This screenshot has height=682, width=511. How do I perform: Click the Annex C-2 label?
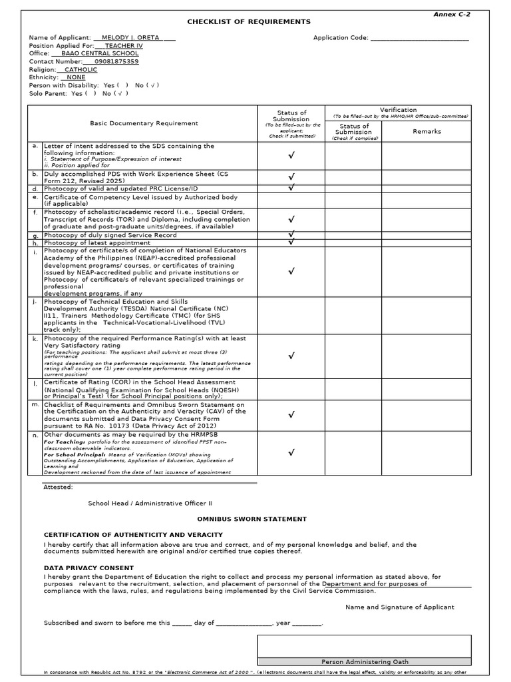(x=452, y=14)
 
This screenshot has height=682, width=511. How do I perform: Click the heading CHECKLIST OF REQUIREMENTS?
(x=240, y=22)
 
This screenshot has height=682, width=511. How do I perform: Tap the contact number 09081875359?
(x=117, y=61)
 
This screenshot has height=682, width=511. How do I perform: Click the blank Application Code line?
(x=419, y=38)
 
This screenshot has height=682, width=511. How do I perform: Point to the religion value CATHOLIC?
(x=81, y=69)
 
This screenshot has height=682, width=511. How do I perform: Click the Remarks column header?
(x=426, y=131)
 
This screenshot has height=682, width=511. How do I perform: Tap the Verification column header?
(x=398, y=110)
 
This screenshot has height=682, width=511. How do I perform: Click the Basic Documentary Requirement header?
(x=144, y=123)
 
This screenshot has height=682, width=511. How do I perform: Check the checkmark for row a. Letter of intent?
(x=291, y=155)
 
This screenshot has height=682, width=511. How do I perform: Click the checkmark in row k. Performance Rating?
(x=291, y=356)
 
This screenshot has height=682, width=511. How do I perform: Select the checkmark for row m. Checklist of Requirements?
(x=291, y=414)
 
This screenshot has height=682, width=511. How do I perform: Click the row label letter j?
(x=35, y=301)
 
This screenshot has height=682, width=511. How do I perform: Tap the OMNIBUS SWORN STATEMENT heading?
(x=252, y=519)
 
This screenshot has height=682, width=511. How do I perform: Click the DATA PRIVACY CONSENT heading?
(x=88, y=568)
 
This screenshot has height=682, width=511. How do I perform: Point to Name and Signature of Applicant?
(x=399, y=607)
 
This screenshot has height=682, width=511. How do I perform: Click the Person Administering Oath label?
(x=365, y=662)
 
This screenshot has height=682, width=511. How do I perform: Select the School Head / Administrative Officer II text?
(x=150, y=504)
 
